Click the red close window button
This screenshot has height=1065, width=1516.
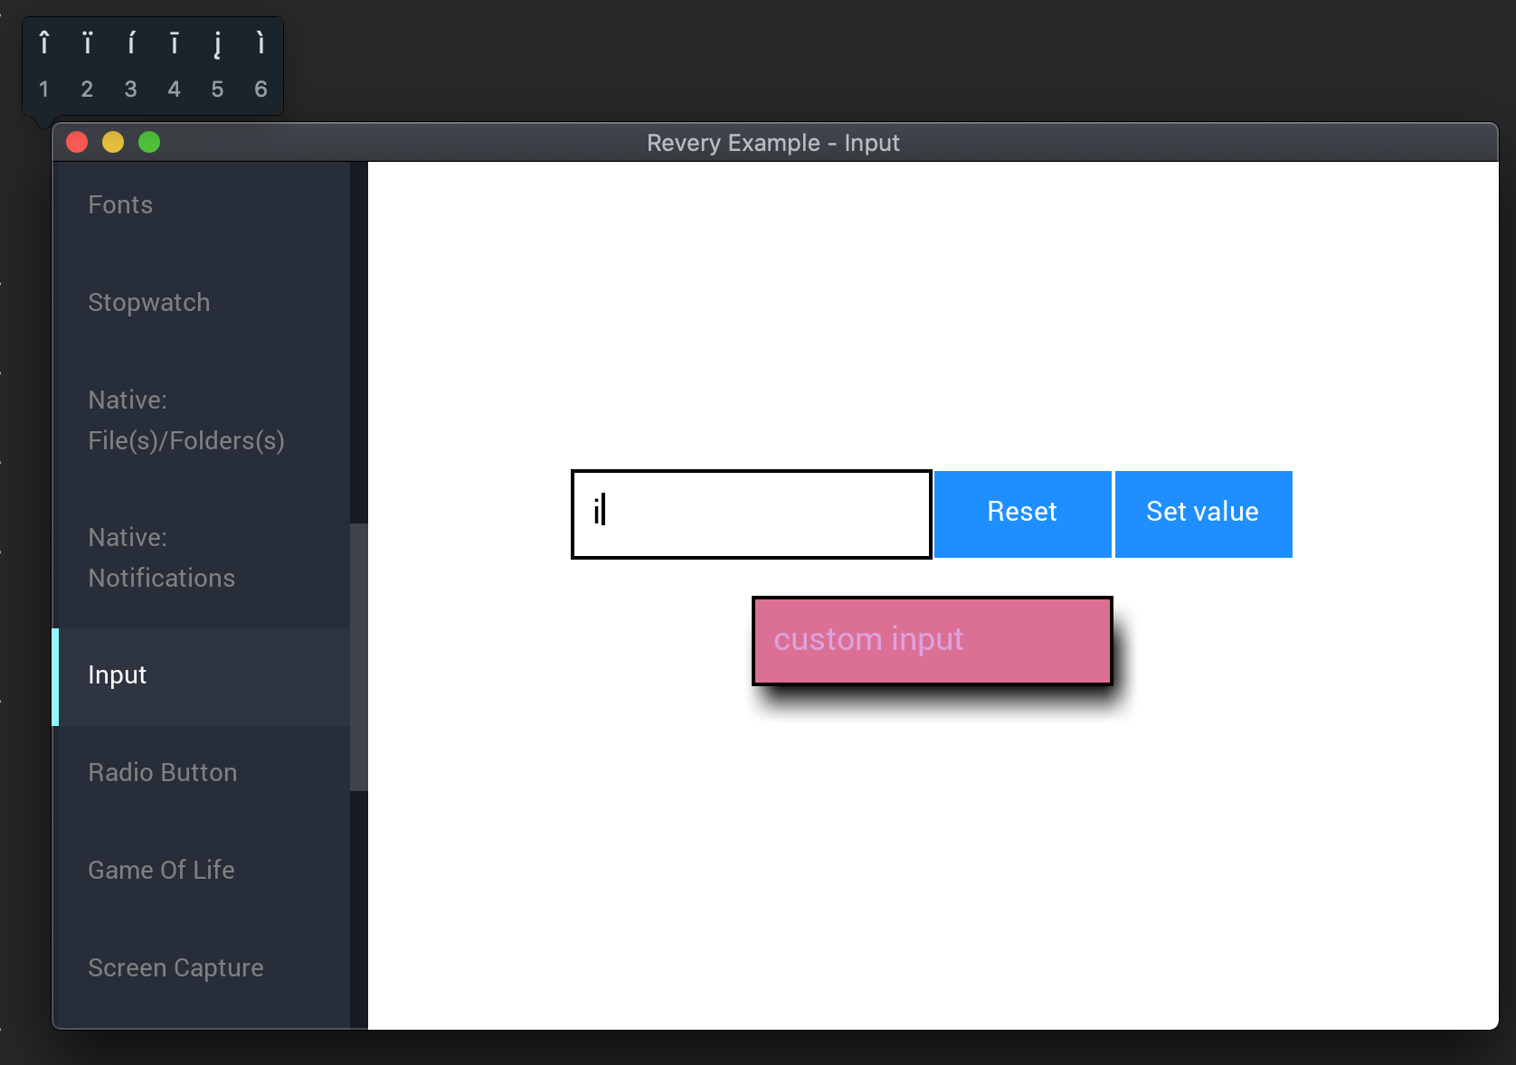(x=77, y=142)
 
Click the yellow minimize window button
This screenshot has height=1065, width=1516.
(x=113, y=142)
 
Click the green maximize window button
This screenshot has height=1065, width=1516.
(x=149, y=142)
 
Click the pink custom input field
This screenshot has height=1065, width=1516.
(x=932, y=640)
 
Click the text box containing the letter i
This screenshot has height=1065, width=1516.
(x=752, y=514)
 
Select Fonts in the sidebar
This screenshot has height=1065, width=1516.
(x=120, y=204)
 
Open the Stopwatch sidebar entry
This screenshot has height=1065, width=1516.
(x=149, y=303)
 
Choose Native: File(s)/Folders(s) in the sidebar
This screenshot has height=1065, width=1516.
(x=186, y=420)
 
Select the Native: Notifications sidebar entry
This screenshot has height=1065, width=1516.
(x=162, y=558)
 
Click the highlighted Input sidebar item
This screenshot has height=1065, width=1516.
(x=117, y=675)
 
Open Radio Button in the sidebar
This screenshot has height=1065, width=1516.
(x=163, y=773)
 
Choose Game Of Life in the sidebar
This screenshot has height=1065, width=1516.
(x=161, y=870)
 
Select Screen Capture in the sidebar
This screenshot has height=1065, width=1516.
(x=176, y=967)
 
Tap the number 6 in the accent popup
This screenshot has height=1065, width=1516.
(x=261, y=89)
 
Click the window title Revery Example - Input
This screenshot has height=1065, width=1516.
(x=772, y=143)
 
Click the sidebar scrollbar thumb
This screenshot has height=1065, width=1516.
(x=359, y=656)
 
